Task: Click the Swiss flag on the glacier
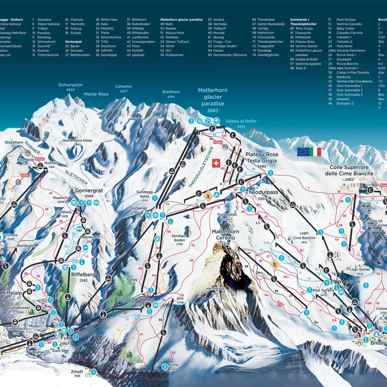click(x=216, y=163)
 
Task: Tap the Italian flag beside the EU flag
click(x=315, y=152)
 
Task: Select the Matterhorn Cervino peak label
click(x=226, y=235)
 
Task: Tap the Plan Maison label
click(x=345, y=282)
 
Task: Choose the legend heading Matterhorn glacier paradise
click(x=181, y=20)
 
